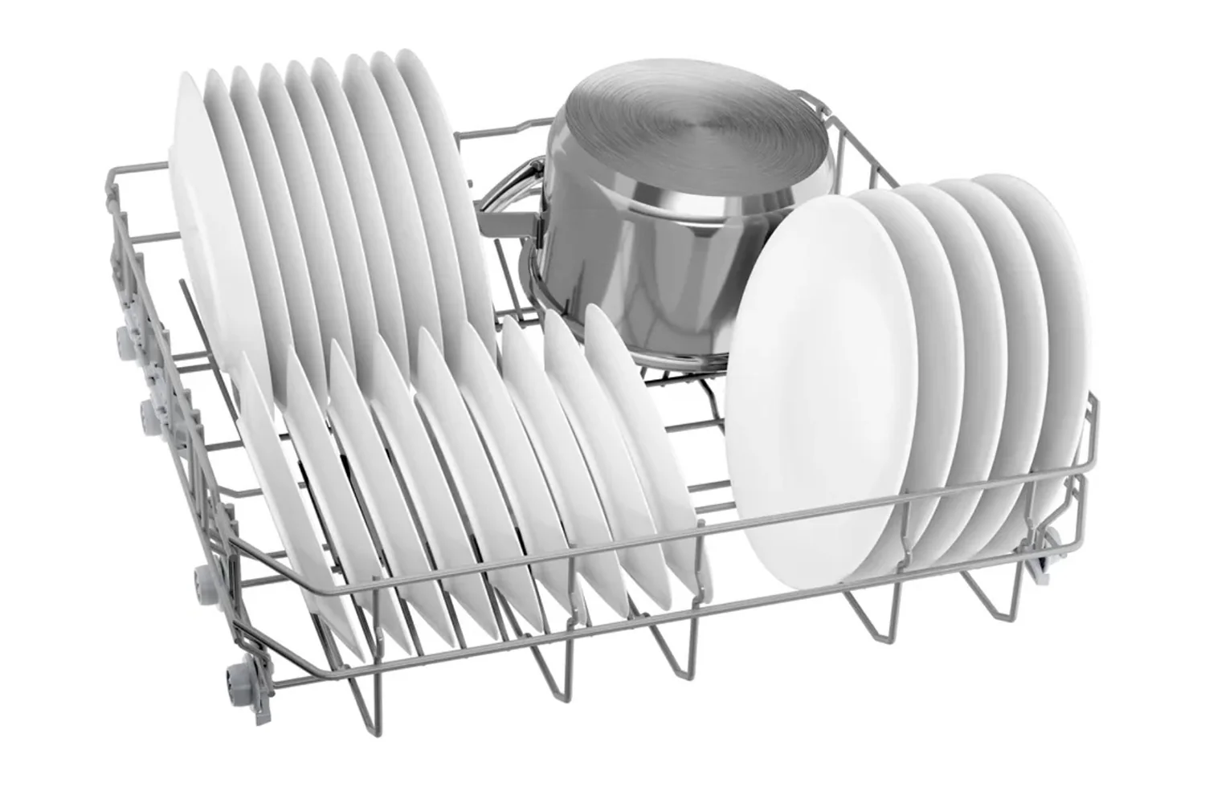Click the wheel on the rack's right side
pyautogui.click(x=1040, y=554)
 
